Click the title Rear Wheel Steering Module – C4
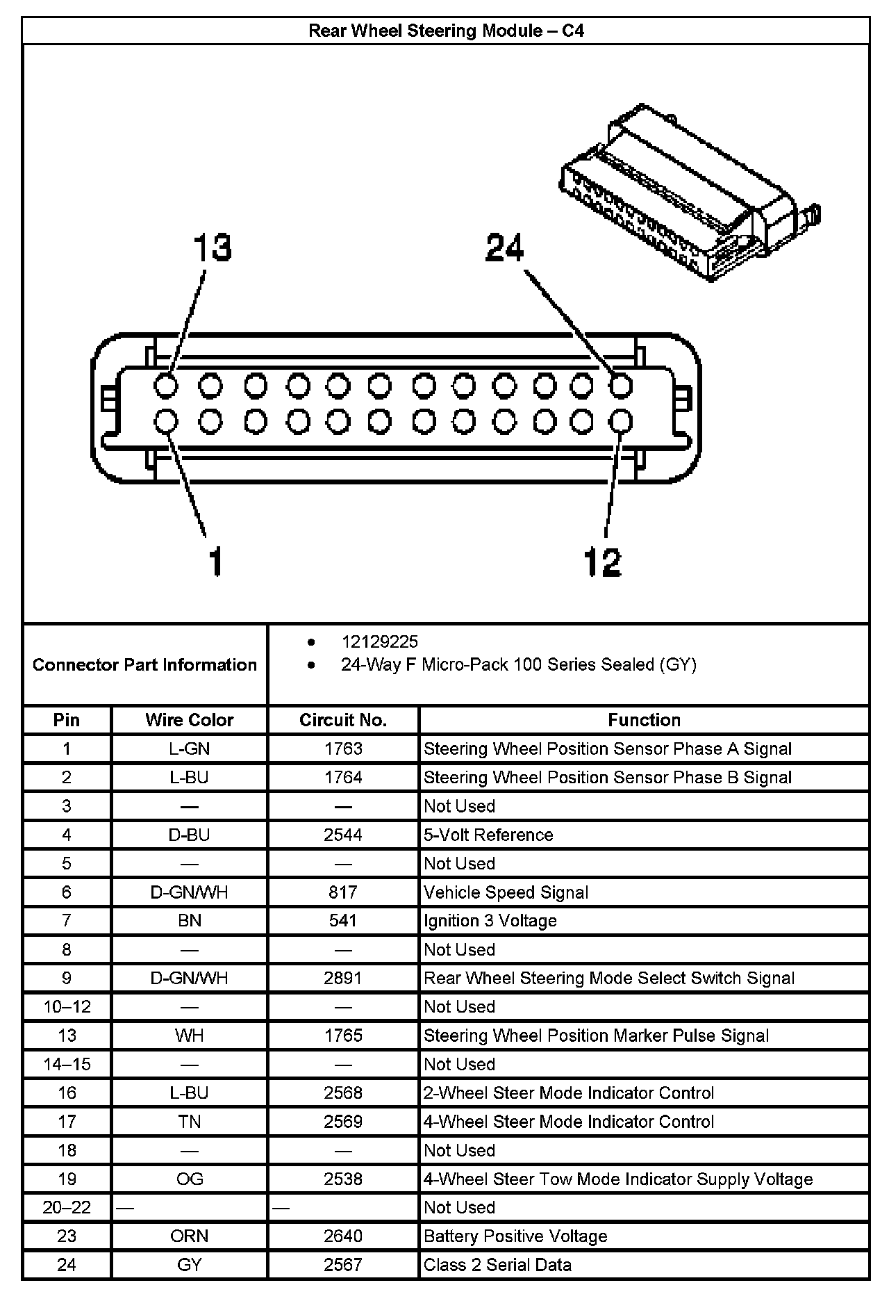tap(445, 31)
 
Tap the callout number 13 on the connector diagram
tap(212, 248)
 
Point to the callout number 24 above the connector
tap(505, 247)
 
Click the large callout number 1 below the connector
tap(216, 561)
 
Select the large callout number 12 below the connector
tap(602, 561)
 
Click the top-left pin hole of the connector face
tap(166, 385)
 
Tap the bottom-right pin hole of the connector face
tap(621, 421)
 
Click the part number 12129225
tap(379, 641)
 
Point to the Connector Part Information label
tap(144, 664)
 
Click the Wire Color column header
tap(189, 720)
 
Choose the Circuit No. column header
tap(343, 720)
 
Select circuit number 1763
tap(343, 748)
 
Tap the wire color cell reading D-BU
tap(189, 835)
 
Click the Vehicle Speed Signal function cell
tap(506, 892)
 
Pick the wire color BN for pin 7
tap(189, 921)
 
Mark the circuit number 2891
tap(343, 978)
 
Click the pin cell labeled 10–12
tap(67, 1006)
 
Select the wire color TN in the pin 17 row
tap(189, 1121)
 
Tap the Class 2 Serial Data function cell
tap(497, 1264)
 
